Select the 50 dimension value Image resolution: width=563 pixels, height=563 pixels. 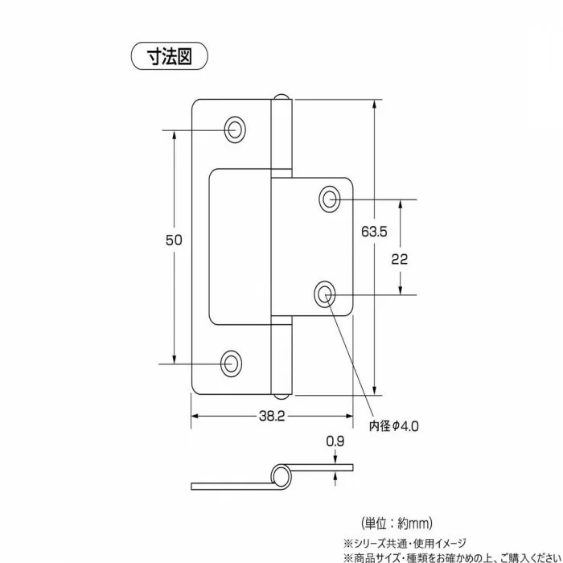point(174,240)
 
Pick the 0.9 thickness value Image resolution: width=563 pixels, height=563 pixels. point(335,442)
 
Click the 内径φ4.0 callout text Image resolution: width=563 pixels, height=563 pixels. point(394,425)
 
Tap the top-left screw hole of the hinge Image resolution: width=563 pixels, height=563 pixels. point(234,128)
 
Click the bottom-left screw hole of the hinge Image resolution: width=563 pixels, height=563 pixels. point(232,363)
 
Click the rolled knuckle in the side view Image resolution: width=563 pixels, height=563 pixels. point(281,475)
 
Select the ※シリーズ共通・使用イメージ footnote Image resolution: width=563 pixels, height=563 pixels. point(405,543)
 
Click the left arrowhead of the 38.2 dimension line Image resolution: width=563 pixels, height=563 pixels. point(195,417)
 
